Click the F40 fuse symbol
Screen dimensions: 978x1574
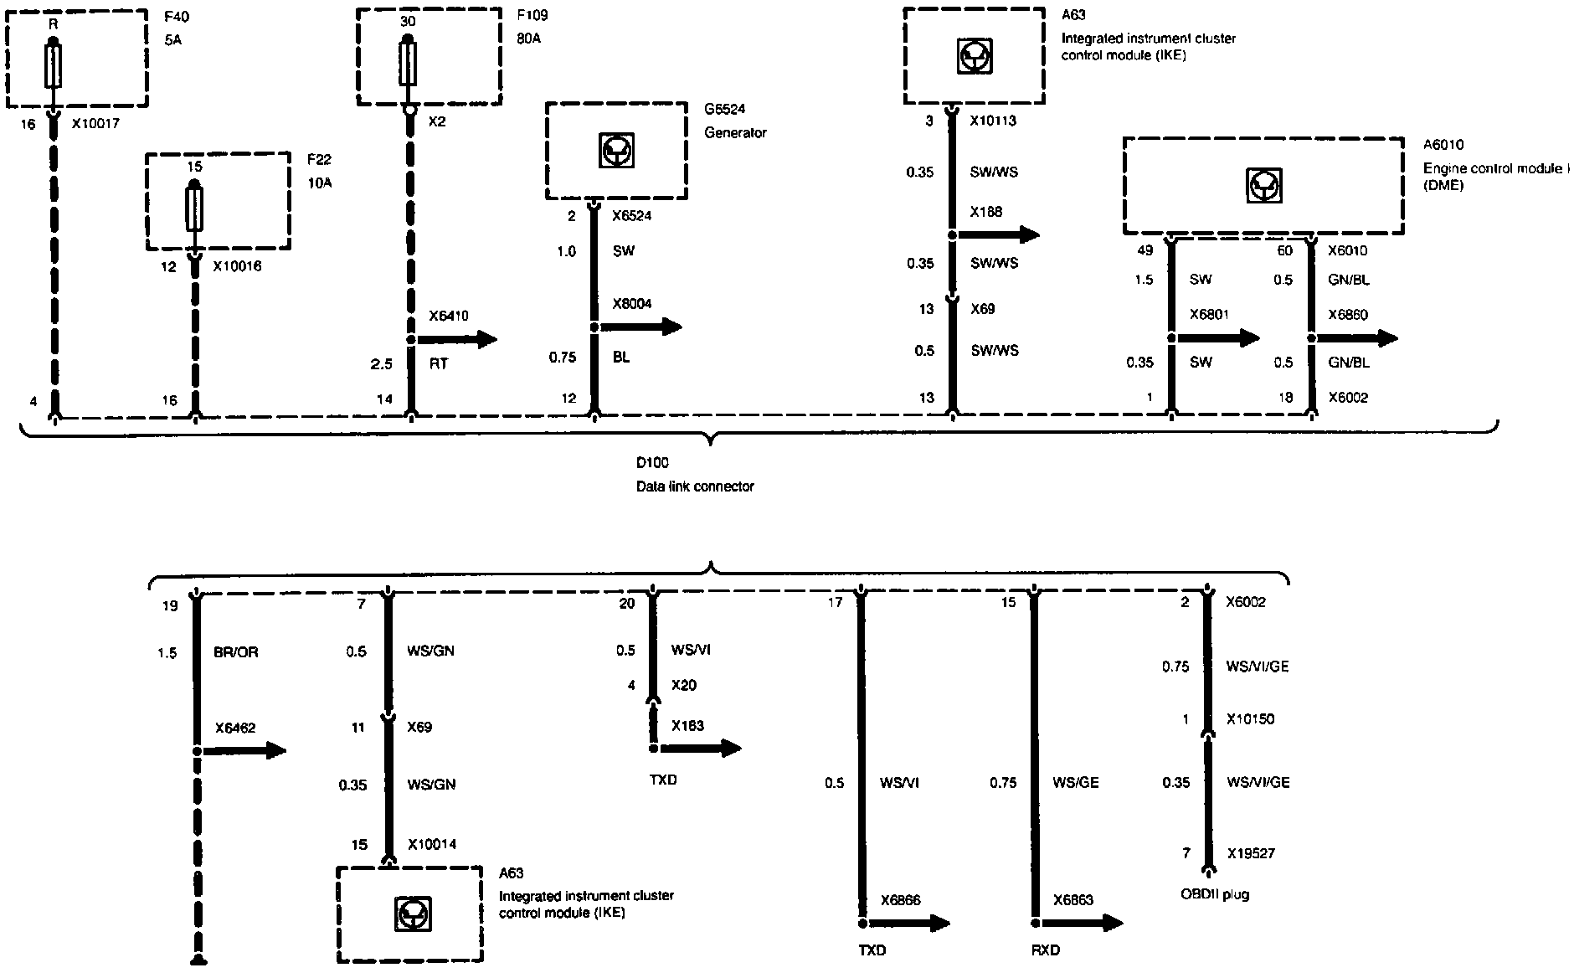click(x=53, y=66)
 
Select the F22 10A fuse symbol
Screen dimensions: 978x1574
click(x=194, y=209)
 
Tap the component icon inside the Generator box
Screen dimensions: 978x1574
click(x=616, y=151)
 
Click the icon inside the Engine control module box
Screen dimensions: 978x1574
click(x=1263, y=185)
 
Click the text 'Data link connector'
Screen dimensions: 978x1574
click(x=695, y=486)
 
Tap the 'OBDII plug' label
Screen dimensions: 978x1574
click(x=1215, y=894)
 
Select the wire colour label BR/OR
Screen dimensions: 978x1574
click(x=235, y=652)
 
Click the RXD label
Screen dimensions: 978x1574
click(x=1046, y=950)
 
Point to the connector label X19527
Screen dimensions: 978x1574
click(x=1251, y=853)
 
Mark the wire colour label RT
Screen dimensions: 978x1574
click(x=439, y=364)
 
